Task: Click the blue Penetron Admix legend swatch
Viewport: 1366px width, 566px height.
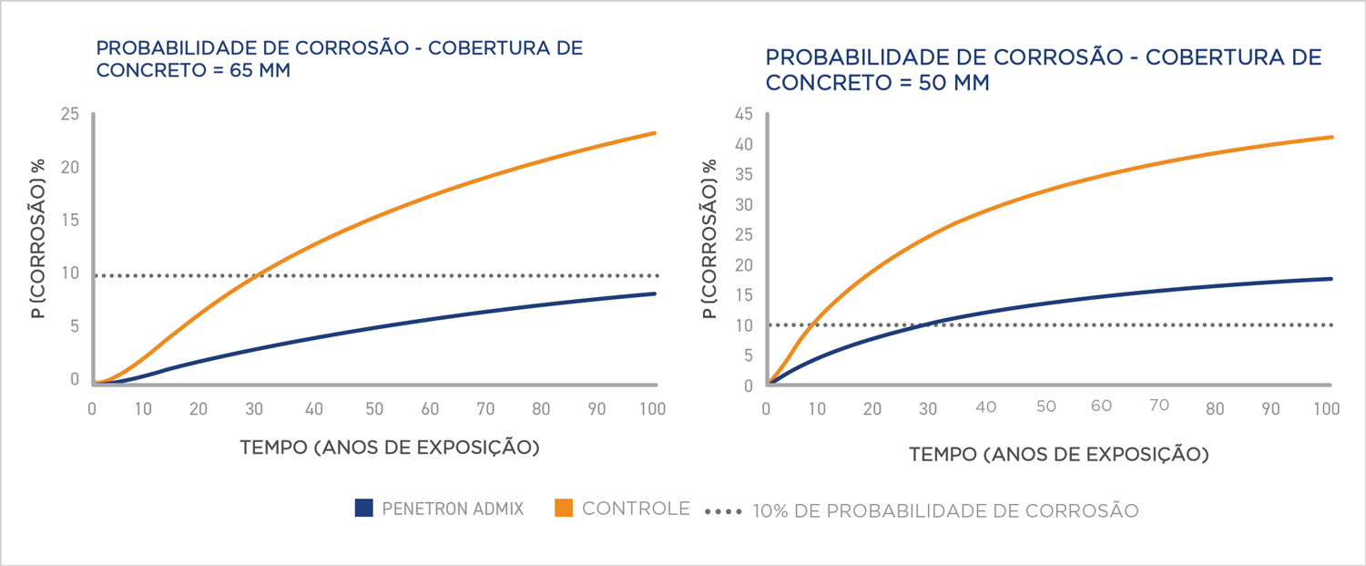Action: click(364, 509)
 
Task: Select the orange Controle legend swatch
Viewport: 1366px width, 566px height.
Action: click(563, 509)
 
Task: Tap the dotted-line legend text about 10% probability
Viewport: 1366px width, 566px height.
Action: click(945, 510)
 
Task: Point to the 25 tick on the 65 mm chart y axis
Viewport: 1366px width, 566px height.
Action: click(70, 115)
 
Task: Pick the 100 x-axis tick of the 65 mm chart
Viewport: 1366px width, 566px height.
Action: click(652, 408)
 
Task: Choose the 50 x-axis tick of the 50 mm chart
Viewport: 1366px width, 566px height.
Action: click(1045, 406)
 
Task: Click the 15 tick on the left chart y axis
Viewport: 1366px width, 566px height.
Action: click(70, 221)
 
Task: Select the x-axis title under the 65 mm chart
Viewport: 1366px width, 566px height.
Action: click(390, 448)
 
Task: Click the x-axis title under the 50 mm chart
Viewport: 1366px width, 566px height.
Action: click(1058, 454)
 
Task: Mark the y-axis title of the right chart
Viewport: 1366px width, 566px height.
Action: click(709, 240)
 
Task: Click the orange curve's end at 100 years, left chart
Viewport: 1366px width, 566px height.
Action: click(654, 133)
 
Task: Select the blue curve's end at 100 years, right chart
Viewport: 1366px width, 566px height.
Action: click(1331, 279)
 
